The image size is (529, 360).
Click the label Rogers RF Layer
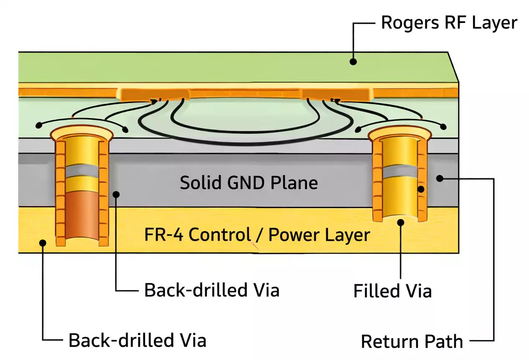tap(449, 23)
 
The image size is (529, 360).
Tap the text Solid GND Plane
tap(249, 183)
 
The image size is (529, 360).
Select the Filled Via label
tap(392, 291)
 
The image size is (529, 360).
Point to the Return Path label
tap(412, 341)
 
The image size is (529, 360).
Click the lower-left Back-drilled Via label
tap(137, 340)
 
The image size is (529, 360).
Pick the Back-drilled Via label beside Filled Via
tap(211, 290)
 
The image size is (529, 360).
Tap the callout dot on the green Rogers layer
tap(353, 62)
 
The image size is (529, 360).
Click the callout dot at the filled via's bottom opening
tap(401, 222)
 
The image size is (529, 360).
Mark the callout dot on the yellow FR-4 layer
tap(42, 242)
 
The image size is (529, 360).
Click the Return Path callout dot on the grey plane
tap(439, 178)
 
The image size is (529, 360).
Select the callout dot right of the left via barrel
tap(117, 194)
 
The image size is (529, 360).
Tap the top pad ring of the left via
tap(81, 133)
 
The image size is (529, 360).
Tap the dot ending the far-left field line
tap(39, 125)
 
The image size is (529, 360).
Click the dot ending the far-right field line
tap(443, 127)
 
